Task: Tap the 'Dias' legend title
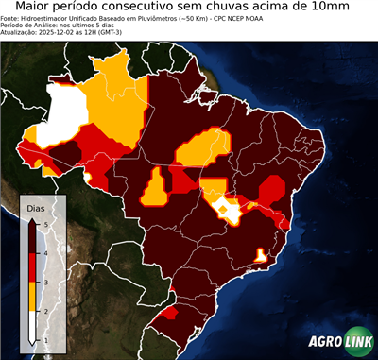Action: tap(36, 206)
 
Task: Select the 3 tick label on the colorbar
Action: tap(44, 281)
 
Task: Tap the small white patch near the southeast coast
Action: tap(260, 254)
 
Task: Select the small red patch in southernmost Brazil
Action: tap(169, 312)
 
